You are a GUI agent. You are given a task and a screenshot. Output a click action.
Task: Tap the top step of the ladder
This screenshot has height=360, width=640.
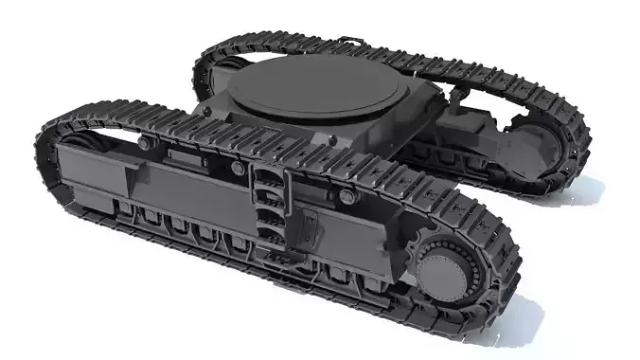(x=269, y=174)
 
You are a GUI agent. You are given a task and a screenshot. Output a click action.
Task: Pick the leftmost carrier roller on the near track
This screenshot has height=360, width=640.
(x=144, y=143)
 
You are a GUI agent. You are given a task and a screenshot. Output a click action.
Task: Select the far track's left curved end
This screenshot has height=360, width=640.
(x=204, y=66)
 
